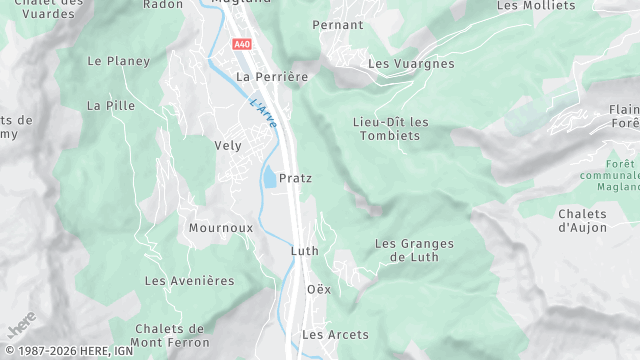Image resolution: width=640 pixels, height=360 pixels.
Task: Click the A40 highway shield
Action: pos(242,44)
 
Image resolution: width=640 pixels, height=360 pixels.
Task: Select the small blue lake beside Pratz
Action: pos(270,179)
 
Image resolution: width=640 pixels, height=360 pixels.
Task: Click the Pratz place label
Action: pos(296,178)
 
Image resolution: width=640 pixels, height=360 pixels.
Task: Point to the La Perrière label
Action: pos(273,76)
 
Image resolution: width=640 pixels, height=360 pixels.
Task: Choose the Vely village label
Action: pos(228,145)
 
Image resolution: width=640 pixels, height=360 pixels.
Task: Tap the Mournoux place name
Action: pos(219,228)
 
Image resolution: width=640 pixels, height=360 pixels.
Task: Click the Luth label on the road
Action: pos(304,251)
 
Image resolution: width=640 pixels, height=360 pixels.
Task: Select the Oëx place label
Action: pos(318,289)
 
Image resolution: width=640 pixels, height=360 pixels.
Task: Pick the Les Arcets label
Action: pos(335,334)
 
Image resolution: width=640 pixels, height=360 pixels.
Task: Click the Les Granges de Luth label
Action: pos(414,250)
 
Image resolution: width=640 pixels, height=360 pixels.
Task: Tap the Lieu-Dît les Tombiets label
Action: pos(391,129)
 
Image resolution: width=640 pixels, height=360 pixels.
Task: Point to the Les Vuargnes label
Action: pos(411,64)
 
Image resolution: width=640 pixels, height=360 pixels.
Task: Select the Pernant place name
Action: pos(337,24)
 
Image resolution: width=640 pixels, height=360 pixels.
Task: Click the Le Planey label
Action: pos(118,61)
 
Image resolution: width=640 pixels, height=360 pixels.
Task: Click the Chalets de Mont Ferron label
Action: pos(170,335)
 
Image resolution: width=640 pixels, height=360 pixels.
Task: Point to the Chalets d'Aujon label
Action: pos(583,220)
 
